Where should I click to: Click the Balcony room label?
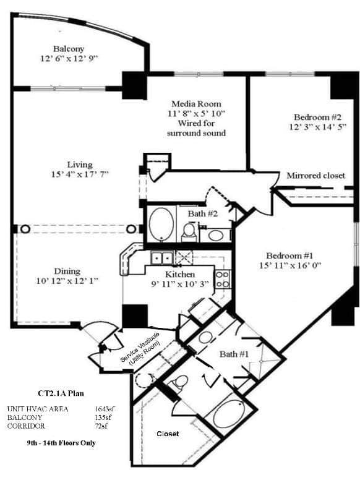[x=68, y=48]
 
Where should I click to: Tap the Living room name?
[x=81, y=165]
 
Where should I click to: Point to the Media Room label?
[x=196, y=103]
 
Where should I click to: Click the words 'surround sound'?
[x=197, y=133]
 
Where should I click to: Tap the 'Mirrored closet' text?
[x=315, y=176]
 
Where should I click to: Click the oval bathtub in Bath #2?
[x=162, y=225]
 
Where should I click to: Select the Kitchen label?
[x=180, y=274]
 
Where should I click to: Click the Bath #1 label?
[x=233, y=354]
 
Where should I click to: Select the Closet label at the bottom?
[x=167, y=434]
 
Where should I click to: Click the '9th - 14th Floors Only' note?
[x=61, y=444]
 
